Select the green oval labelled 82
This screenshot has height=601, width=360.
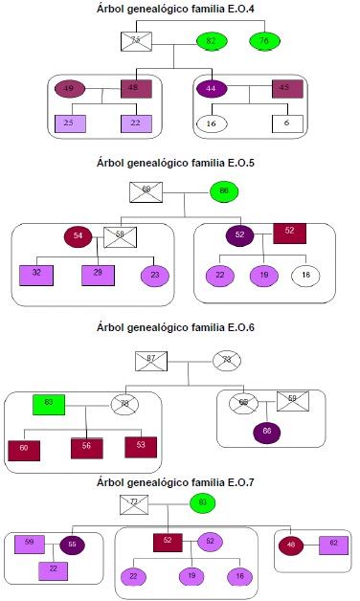coord(211,41)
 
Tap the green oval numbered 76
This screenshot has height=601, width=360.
coord(263,41)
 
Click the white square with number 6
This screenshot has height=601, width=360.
coord(286,123)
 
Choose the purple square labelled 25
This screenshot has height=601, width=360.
coord(69,123)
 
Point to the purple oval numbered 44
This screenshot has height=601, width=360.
coord(211,89)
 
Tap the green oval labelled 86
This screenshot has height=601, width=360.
coord(224,191)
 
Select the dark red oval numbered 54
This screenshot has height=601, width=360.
coord(78,235)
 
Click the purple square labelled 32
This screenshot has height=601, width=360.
coord(36,275)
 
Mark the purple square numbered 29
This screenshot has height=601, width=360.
coord(99,275)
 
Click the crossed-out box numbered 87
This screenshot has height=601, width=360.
coord(151,360)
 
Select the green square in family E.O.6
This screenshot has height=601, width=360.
coord(49,404)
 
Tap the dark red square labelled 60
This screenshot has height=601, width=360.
coord(24,449)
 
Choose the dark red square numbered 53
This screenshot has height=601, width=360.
coord(141,446)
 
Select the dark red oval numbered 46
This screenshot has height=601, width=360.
coord(290,545)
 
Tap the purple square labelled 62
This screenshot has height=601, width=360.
coord(333,545)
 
